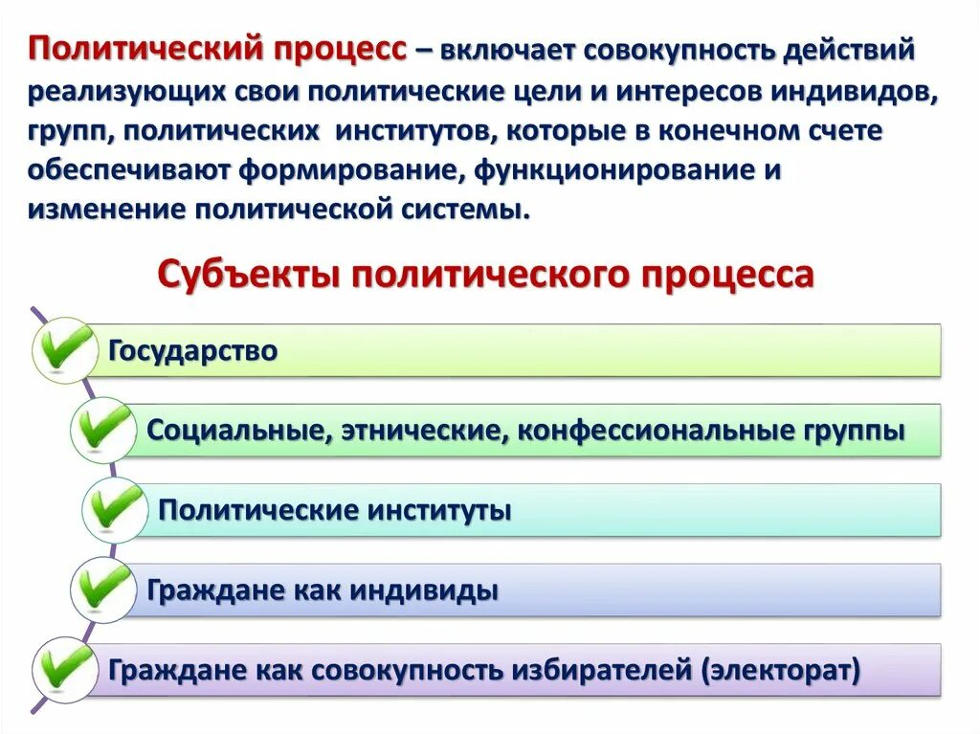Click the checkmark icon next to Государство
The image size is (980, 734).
[65, 348]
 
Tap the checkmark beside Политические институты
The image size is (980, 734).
[115, 508]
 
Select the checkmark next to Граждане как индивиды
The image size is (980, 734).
[103, 587]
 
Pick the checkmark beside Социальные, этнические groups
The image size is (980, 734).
[103, 428]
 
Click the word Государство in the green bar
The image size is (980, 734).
[193, 351]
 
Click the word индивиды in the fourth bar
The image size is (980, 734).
[423, 590]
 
